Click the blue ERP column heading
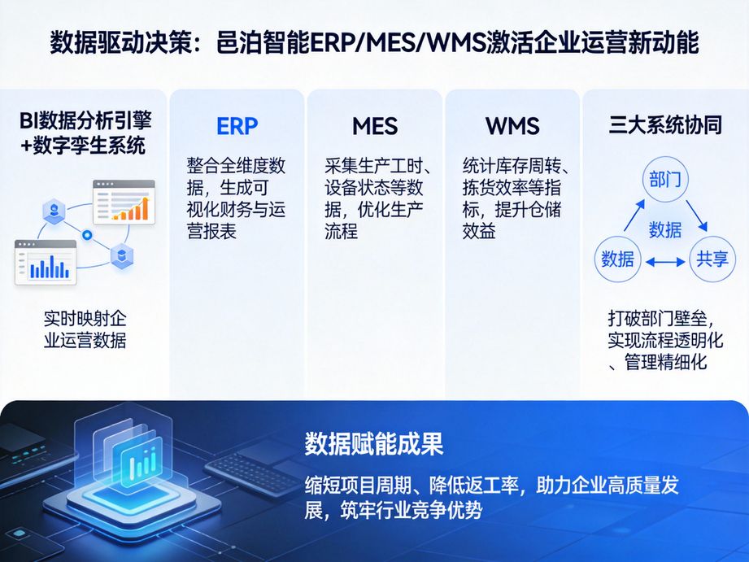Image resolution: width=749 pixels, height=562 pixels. click(x=237, y=126)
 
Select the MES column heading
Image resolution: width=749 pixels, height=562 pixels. click(x=375, y=126)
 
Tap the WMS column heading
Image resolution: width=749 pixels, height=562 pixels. click(x=512, y=126)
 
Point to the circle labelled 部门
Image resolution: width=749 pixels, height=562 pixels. click(x=664, y=180)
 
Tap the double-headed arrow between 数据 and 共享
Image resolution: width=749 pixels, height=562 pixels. click(x=664, y=260)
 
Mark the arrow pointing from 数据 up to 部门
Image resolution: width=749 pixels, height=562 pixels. click(x=633, y=215)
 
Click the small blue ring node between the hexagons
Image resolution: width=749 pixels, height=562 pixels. click(x=87, y=235)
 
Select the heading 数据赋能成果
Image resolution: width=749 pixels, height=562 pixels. click(x=374, y=444)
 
